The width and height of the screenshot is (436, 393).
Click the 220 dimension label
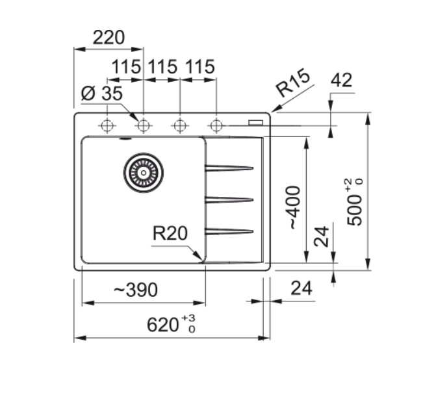(x=109, y=38)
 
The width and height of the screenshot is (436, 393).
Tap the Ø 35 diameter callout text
(x=102, y=94)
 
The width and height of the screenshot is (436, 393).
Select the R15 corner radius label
(x=293, y=82)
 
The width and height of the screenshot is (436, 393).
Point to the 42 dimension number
(x=342, y=80)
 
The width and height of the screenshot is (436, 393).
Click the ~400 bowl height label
(x=293, y=208)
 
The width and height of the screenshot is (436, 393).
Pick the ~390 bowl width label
(x=136, y=290)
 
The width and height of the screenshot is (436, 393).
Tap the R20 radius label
(x=170, y=233)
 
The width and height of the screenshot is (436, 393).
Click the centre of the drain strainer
(x=144, y=173)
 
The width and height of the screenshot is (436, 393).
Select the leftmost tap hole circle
(x=107, y=125)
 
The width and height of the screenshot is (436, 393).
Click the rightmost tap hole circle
(x=216, y=125)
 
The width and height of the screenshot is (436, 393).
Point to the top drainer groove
(x=229, y=168)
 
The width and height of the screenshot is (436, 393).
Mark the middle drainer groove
(x=229, y=199)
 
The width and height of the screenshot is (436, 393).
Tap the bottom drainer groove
(x=229, y=231)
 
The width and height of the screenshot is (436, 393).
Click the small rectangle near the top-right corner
(x=255, y=123)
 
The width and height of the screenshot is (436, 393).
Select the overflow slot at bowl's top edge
(x=125, y=138)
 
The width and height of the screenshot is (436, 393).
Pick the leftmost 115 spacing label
(x=126, y=67)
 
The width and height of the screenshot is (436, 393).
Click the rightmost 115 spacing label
(x=200, y=67)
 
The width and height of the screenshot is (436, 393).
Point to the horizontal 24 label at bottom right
(x=301, y=288)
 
